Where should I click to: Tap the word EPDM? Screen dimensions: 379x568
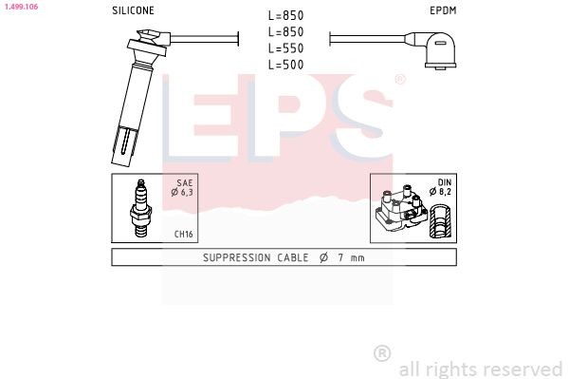click(443, 10)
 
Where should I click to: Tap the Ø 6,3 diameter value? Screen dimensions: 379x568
click(182, 193)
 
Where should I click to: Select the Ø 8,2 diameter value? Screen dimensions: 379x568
click(442, 193)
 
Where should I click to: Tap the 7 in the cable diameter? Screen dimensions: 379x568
click(339, 257)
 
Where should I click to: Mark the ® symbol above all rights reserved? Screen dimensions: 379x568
click(382, 352)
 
